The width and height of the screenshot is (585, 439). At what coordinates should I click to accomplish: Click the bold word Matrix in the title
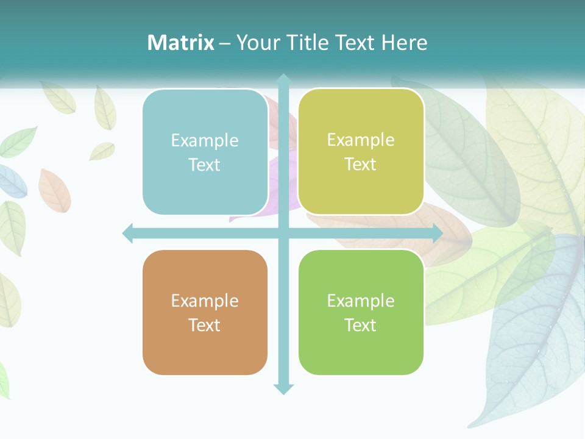pyautogui.click(x=180, y=43)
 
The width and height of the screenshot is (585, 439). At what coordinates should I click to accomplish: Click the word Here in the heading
pyautogui.click(x=404, y=43)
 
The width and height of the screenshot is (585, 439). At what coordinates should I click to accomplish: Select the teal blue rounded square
pyautogui.click(x=205, y=152)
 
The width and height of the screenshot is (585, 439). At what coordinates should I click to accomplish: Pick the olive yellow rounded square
pyautogui.click(x=361, y=152)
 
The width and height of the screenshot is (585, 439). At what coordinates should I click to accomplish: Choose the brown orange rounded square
pyautogui.click(x=205, y=312)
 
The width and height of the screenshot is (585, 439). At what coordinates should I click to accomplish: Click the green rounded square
pyautogui.click(x=361, y=312)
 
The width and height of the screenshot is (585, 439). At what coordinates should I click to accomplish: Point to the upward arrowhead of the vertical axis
pyautogui.click(x=283, y=79)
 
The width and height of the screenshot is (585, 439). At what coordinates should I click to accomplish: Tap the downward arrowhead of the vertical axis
pyautogui.click(x=283, y=389)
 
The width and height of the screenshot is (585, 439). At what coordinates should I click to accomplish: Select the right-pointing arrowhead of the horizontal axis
pyautogui.click(x=438, y=234)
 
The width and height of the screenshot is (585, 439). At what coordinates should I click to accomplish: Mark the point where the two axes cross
pyautogui.click(x=283, y=234)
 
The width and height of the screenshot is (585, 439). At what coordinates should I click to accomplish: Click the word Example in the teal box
pyautogui.click(x=205, y=140)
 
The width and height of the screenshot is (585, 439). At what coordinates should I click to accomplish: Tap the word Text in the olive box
pyautogui.click(x=361, y=165)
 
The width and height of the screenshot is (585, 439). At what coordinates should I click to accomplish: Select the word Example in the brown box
pyautogui.click(x=205, y=301)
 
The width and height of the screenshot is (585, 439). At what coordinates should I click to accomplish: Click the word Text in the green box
pyautogui.click(x=361, y=325)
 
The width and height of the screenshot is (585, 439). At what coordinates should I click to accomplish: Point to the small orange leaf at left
pyautogui.click(x=54, y=190)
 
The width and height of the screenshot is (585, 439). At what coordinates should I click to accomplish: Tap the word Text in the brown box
pyautogui.click(x=205, y=325)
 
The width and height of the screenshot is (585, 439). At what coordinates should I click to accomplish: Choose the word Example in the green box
pyautogui.click(x=361, y=301)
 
